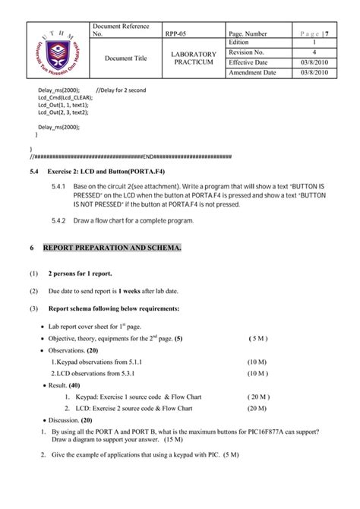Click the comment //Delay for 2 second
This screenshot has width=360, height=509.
click(121, 90)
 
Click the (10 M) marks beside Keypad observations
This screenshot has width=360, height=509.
click(257, 362)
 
